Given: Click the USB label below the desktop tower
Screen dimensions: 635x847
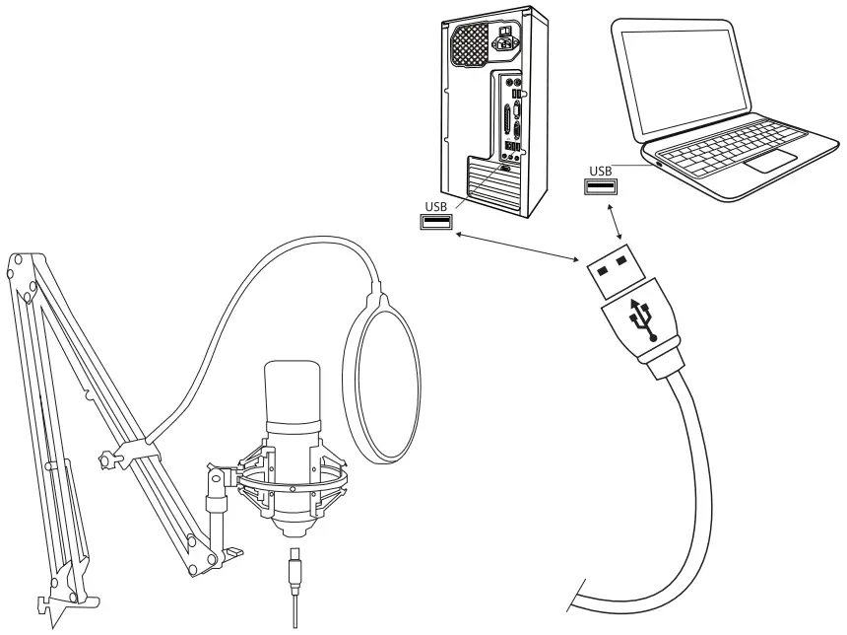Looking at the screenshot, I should tap(436, 206).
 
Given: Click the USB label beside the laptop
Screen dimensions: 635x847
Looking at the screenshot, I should tap(601, 171).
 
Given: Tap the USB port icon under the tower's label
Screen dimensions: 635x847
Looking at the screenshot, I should tap(436, 223).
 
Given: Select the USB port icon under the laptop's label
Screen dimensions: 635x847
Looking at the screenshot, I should tap(601, 187).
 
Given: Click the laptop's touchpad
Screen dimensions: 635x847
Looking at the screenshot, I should tap(771, 162).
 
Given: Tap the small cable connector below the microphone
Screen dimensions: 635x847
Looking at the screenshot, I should tap(295, 571).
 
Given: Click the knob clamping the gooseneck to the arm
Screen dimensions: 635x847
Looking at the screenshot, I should tap(107, 460).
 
